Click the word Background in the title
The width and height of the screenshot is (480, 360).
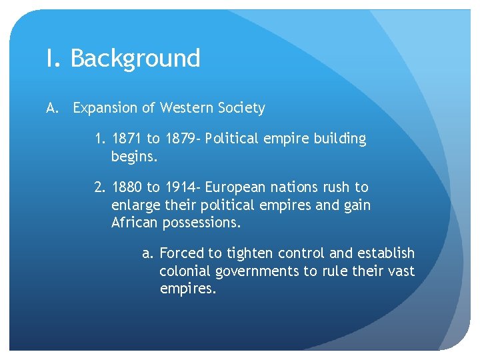click(135, 59)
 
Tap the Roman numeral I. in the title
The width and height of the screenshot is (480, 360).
click(53, 59)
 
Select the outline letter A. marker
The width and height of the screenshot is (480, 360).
click(53, 108)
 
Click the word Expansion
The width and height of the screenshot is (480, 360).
click(103, 108)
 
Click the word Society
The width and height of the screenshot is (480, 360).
click(241, 108)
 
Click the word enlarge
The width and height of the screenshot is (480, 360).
click(135, 205)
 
